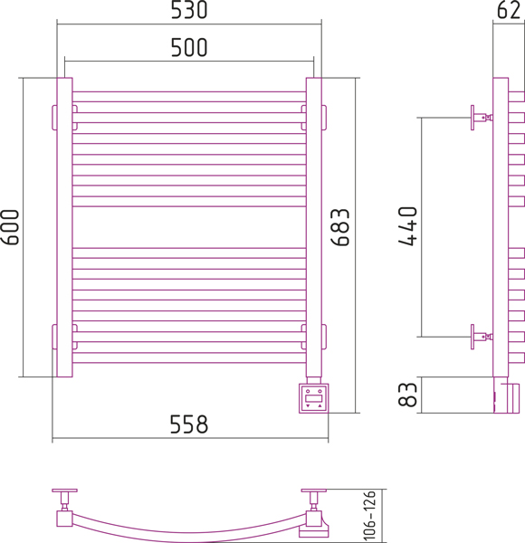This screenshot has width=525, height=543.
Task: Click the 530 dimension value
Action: [189, 10]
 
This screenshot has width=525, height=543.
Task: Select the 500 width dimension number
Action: [189, 47]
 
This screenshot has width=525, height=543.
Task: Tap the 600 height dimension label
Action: [10, 227]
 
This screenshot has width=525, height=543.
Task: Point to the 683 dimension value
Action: [340, 227]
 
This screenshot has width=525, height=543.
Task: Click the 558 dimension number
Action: [189, 424]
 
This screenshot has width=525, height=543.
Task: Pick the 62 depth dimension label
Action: [509, 10]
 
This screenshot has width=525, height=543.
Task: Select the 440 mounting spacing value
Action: [408, 226]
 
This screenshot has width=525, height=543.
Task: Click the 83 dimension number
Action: [407, 395]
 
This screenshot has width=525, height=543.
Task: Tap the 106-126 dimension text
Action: [369, 515]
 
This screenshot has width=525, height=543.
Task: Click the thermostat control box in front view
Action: [313, 398]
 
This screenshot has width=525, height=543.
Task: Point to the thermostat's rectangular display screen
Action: [314, 398]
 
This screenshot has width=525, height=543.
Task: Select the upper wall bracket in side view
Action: [482, 118]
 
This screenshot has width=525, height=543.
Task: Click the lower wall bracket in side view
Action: [482, 337]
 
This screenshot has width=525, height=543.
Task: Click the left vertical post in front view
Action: [65, 227]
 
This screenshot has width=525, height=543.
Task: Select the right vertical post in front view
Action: [314, 227]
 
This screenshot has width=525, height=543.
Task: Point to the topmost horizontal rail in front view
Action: [189, 97]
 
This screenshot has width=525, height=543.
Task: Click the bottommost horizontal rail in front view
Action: [189, 357]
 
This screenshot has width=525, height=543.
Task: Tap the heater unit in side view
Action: [506, 395]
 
